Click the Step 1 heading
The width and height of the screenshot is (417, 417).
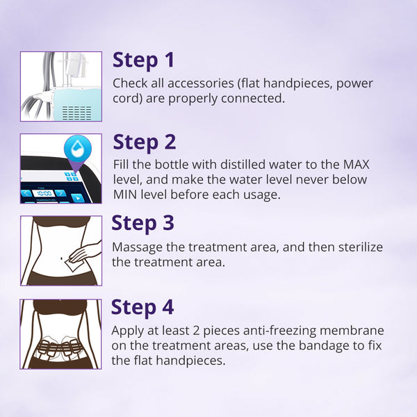click(144, 60)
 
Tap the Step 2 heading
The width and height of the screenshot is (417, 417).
click(145, 142)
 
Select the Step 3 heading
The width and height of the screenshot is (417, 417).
click(143, 223)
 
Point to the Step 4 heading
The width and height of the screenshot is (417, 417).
click(143, 307)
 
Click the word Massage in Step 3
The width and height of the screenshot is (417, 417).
click(136, 247)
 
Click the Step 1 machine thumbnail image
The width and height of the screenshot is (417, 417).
click(61, 87)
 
